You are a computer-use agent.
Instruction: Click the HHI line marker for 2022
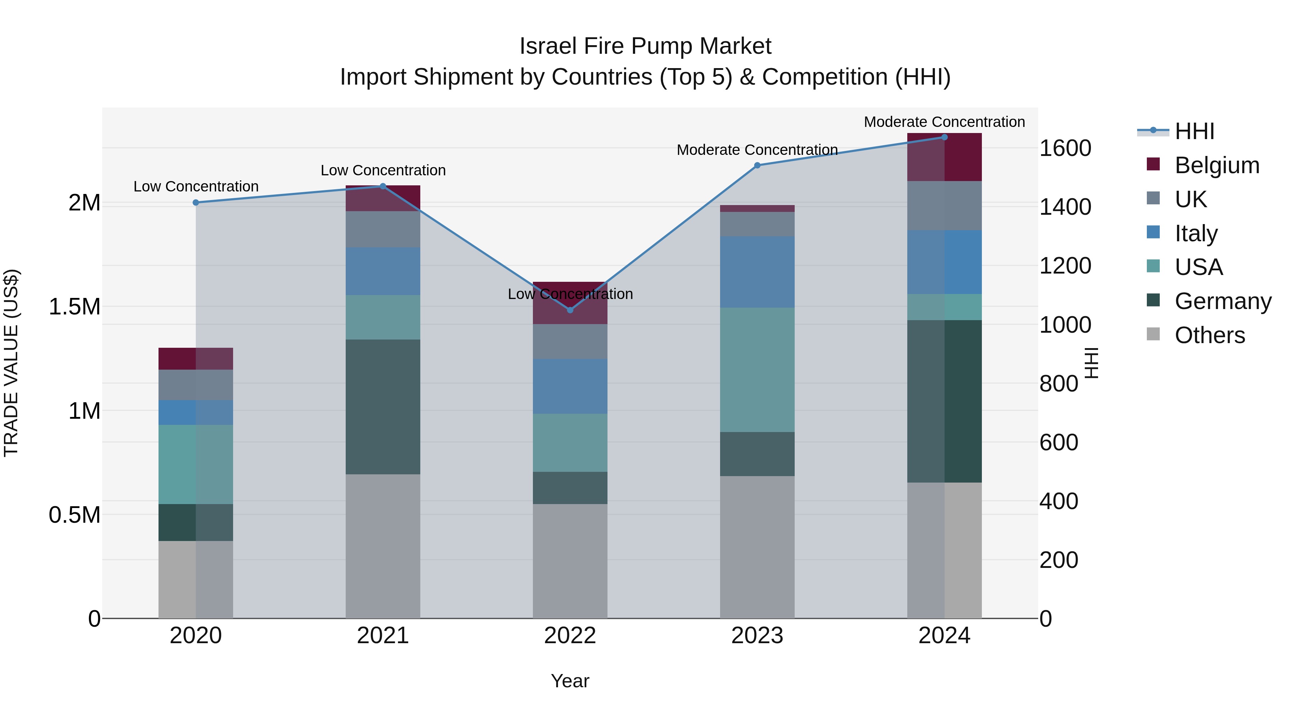pos(570,310)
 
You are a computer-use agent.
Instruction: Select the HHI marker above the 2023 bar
pos(757,165)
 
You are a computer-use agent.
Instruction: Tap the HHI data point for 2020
pos(196,203)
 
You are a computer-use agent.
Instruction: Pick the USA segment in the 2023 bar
pos(757,369)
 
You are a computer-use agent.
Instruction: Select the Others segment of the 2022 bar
pos(570,561)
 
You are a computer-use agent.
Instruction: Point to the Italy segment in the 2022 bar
pos(570,386)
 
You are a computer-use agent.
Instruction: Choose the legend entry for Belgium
pos(1217,165)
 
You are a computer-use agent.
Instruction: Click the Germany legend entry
pos(1223,301)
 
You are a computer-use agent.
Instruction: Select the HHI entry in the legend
pos(1194,131)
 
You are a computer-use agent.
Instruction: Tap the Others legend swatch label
pos(1209,335)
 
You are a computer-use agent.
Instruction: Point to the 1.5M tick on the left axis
pos(75,307)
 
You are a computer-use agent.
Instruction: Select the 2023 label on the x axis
pos(757,635)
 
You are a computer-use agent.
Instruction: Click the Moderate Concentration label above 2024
pos(944,122)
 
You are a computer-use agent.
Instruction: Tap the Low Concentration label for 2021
pos(383,170)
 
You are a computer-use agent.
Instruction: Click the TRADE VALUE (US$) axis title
pos(11,363)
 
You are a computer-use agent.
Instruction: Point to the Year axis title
pos(570,681)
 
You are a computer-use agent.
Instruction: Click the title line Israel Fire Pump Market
pos(645,46)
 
